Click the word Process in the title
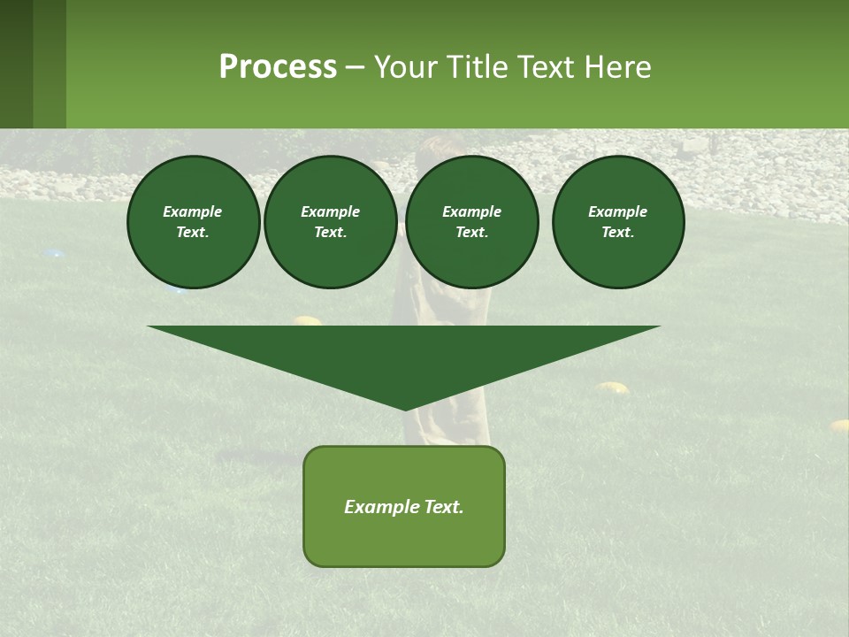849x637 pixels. click(x=278, y=67)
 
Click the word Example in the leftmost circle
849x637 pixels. click(x=193, y=211)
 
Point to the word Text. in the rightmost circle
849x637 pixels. click(x=618, y=233)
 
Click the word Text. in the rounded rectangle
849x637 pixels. click(x=443, y=507)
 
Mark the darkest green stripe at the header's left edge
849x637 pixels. click(x=16, y=64)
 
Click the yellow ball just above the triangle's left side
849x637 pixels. click(x=307, y=320)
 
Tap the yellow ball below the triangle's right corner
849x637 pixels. click(x=612, y=387)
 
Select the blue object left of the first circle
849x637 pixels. click(x=54, y=254)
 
